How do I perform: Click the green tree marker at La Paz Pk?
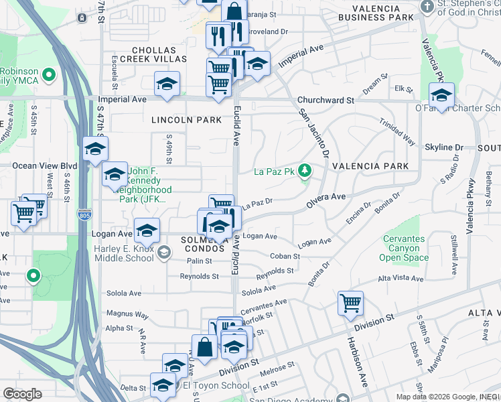pyautogui.click(x=305, y=172)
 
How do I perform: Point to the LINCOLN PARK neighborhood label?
pyautogui.click(x=186, y=120)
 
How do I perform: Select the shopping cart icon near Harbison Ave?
pyautogui.click(x=350, y=304)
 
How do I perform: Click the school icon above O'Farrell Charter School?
pyautogui.click(x=441, y=94)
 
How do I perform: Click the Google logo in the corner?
pyautogui.click(x=22, y=393)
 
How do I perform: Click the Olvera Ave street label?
pyautogui.click(x=326, y=196)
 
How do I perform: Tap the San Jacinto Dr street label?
pyautogui.click(x=314, y=133)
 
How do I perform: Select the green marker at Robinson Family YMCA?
pyautogui.click(x=48, y=74)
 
